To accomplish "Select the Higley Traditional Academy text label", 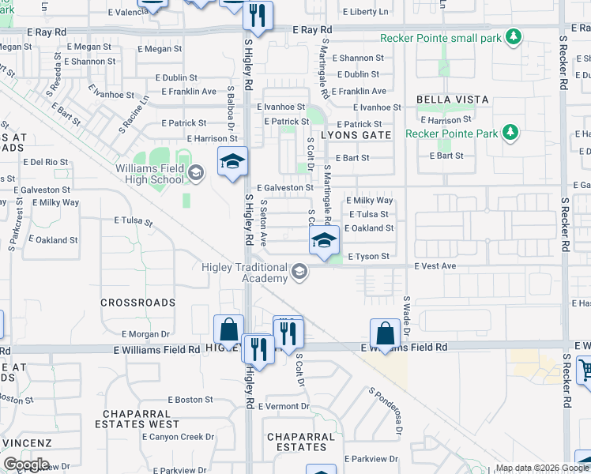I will coord(243,273).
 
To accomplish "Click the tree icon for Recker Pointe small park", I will coord(514,37).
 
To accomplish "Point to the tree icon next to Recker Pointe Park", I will coord(510,133).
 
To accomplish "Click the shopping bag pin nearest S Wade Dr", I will coord(384,333).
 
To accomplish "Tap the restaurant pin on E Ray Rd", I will coord(258,14).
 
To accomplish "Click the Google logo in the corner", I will coord(25,465).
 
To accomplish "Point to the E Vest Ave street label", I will coord(435,266).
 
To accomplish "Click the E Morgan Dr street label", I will coord(146,334).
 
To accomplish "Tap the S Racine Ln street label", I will coord(134,115).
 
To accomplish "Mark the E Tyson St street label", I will coord(368,257).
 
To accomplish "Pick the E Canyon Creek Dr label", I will coord(181,436).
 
